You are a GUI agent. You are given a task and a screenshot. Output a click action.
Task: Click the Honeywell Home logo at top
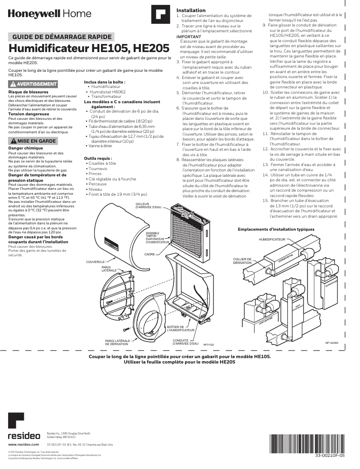click(49, 14)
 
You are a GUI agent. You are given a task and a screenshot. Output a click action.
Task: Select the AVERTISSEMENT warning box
click(33, 84)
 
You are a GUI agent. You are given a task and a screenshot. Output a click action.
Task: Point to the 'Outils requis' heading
click(98, 158)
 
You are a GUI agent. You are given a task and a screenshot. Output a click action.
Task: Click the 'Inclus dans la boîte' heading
click(105, 82)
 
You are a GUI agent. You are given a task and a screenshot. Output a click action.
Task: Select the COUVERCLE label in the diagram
click(95, 261)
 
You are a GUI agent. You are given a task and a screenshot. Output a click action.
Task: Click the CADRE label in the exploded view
click(149, 254)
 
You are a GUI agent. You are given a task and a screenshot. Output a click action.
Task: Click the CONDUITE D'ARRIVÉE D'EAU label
click(185, 342)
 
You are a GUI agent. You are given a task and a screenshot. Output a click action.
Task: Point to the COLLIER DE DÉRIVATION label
click(242, 261)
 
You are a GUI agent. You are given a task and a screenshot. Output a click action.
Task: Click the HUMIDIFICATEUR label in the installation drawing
click(272, 240)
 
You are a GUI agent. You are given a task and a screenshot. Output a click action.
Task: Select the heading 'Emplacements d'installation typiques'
click(276, 229)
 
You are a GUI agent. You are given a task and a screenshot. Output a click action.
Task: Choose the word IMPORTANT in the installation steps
click(189, 36)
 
